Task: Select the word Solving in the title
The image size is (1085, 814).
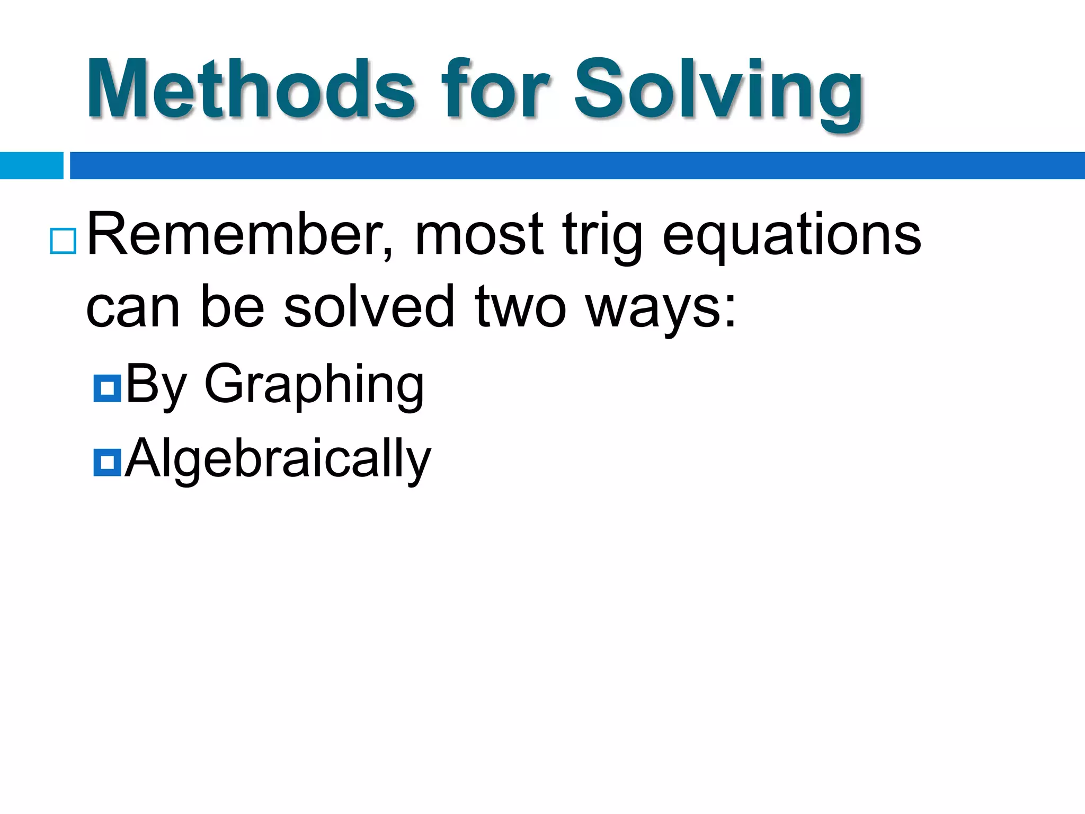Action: click(718, 90)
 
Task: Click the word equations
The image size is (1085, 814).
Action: click(791, 236)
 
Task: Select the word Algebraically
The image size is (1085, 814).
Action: click(278, 459)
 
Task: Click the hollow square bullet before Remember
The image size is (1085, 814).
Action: click(63, 241)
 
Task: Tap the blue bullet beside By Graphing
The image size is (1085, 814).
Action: click(107, 388)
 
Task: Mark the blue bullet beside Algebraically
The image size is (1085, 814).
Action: click(107, 462)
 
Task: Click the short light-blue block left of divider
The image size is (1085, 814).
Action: click(31, 165)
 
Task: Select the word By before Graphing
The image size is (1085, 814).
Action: click(156, 385)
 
